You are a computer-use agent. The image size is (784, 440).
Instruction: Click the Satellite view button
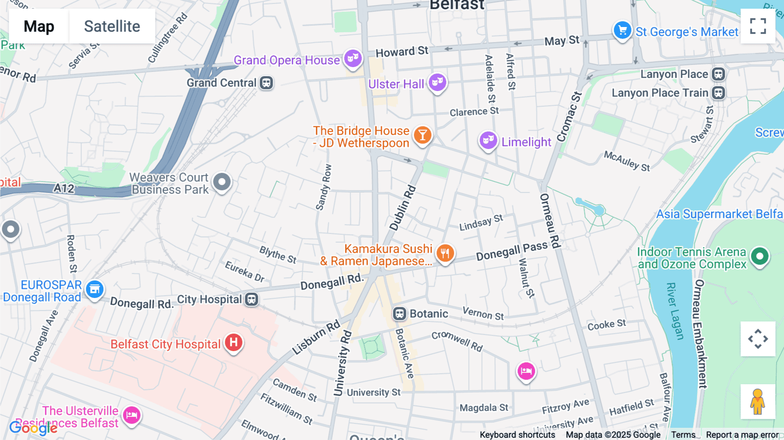click(x=112, y=26)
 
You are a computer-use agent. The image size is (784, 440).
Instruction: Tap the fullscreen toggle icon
click(x=758, y=26)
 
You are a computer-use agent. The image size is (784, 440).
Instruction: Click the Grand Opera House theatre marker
click(x=353, y=58)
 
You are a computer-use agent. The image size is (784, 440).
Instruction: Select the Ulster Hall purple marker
click(x=437, y=82)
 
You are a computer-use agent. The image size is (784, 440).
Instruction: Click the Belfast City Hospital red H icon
click(x=234, y=342)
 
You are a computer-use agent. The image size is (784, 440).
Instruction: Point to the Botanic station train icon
click(x=399, y=314)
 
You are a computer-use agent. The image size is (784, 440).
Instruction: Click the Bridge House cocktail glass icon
click(x=422, y=135)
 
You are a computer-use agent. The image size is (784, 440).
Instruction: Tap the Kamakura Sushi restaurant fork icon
click(x=445, y=253)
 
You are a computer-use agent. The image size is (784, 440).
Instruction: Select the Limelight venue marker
click(x=488, y=140)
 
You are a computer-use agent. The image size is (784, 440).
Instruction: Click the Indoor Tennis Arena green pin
click(x=760, y=256)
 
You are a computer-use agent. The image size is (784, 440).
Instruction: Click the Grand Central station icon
click(x=267, y=83)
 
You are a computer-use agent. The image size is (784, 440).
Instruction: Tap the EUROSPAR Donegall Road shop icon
click(x=95, y=289)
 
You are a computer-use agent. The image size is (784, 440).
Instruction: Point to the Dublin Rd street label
click(x=402, y=208)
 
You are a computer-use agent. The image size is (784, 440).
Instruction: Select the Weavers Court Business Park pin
click(x=222, y=182)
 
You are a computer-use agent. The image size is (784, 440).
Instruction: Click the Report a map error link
click(x=742, y=435)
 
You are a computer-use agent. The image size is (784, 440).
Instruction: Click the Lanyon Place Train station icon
click(x=719, y=93)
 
